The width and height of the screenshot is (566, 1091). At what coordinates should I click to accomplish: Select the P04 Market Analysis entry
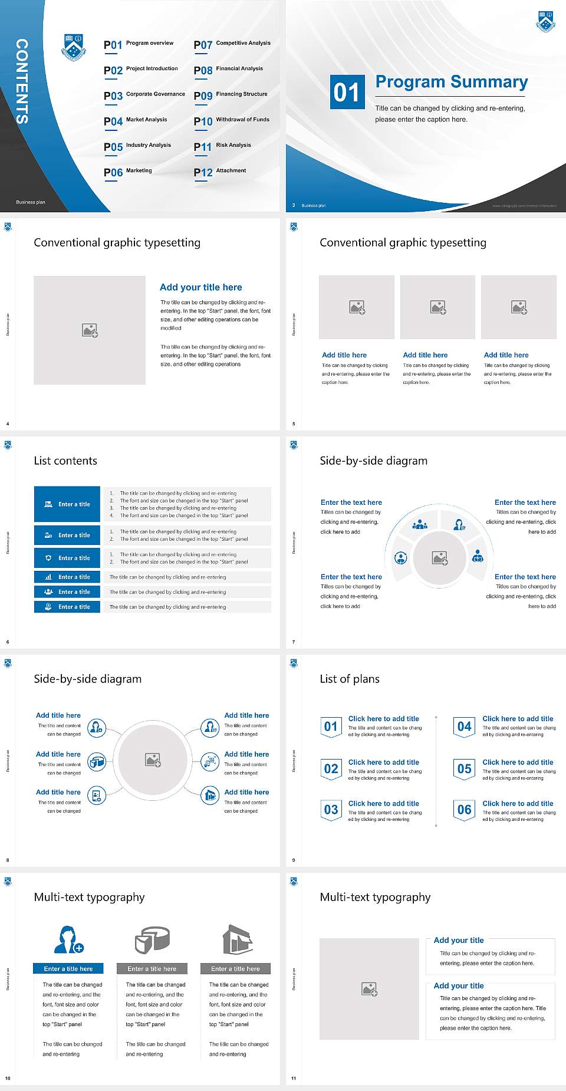pyautogui.click(x=135, y=121)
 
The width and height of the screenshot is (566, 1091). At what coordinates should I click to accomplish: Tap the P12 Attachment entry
pyautogui.click(x=220, y=172)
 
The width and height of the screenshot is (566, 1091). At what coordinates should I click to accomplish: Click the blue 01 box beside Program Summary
pyautogui.click(x=347, y=92)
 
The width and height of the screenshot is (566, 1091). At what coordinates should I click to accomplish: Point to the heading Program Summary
pyautogui.click(x=451, y=82)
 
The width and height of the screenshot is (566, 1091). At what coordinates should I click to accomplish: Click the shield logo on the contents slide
pyautogui.click(x=74, y=47)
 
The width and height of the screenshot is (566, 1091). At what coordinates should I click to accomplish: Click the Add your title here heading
pyautogui.click(x=200, y=287)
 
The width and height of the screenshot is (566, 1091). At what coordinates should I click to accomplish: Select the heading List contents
pyautogui.click(x=65, y=461)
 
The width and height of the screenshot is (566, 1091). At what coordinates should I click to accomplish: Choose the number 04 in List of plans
pyautogui.click(x=465, y=727)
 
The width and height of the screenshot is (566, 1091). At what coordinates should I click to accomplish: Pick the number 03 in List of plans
pyautogui.click(x=331, y=810)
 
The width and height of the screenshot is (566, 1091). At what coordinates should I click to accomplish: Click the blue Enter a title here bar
pyautogui.click(x=68, y=968)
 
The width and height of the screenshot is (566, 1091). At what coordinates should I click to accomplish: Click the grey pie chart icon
pyautogui.click(x=152, y=939)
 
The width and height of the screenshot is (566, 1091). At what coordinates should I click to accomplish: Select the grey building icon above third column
pyautogui.click(x=238, y=939)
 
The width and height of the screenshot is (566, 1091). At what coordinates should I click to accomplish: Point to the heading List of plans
pyautogui.click(x=350, y=679)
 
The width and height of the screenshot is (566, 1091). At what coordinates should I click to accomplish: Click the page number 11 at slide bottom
pyautogui.click(x=294, y=1079)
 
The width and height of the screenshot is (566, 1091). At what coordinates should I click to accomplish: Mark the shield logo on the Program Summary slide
pyautogui.click(x=545, y=22)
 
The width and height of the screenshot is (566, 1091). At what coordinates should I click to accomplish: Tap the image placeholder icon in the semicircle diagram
pyautogui.click(x=440, y=558)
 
